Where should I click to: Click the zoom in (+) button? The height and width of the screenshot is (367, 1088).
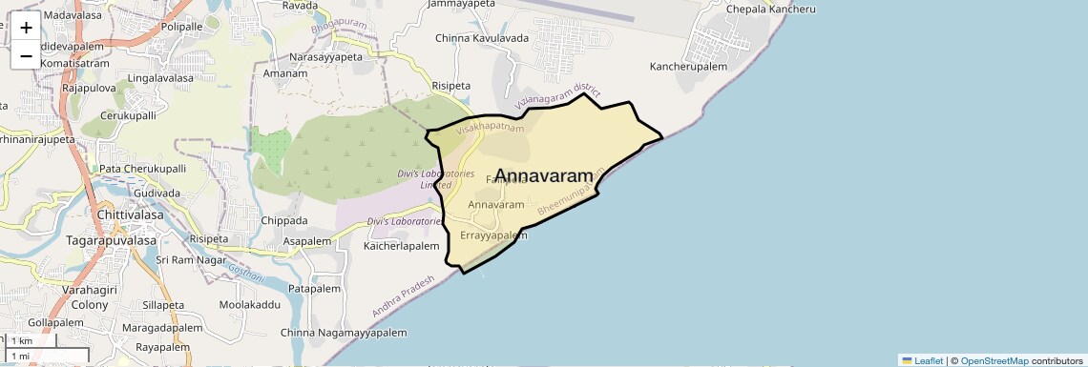[26, 27]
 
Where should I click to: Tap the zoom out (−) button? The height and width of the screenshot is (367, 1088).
[26, 55]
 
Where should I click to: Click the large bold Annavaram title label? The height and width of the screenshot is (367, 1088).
[552, 176]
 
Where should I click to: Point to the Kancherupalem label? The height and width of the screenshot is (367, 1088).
[688, 67]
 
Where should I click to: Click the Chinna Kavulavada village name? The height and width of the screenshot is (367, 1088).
[481, 38]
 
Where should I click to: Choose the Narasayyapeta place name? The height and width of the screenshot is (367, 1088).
[325, 57]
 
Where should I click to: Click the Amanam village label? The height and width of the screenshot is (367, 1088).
[284, 73]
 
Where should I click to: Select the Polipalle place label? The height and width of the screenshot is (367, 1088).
[182, 27]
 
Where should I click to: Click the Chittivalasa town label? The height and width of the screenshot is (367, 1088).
[131, 215]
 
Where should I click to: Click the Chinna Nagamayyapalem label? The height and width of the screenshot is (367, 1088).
[344, 333]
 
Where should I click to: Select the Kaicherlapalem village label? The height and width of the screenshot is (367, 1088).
[401, 246]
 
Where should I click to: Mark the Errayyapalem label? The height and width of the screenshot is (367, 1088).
[493, 235]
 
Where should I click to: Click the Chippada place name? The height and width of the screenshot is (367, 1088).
[284, 220]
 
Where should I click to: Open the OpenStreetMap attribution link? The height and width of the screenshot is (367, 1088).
[994, 360]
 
